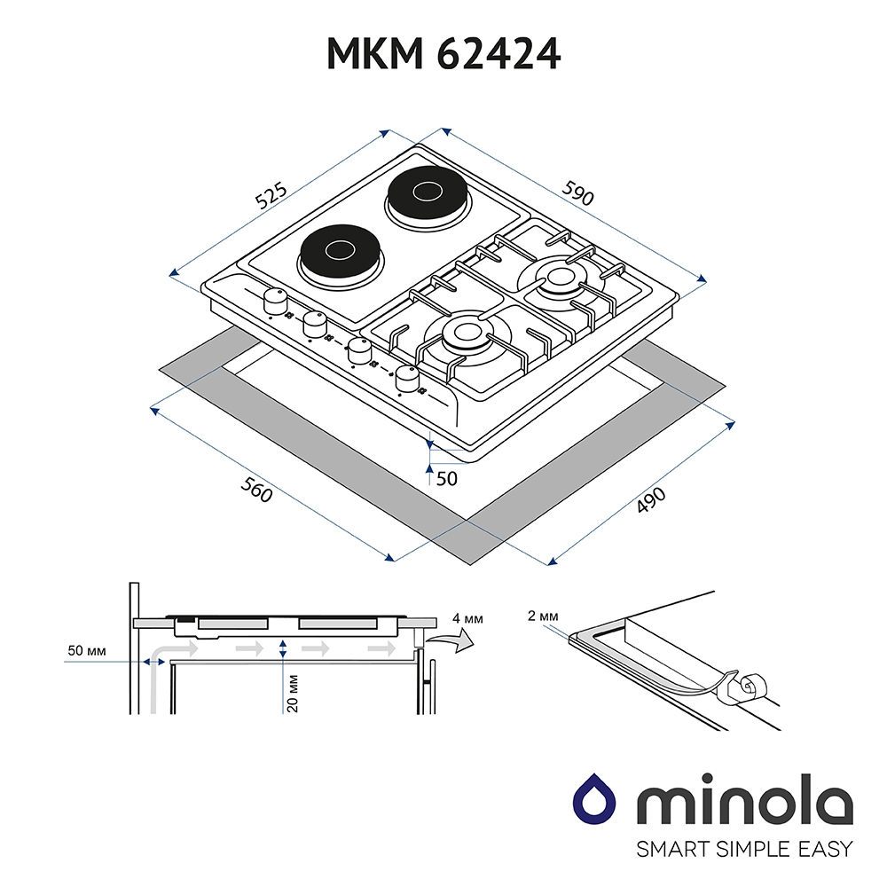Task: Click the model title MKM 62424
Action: tap(443, 54)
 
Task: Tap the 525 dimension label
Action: tap(271, 196)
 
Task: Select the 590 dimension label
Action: tap(577, 192)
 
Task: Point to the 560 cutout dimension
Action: tap(256, 490)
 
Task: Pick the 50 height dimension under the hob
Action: tap(446, 479)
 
